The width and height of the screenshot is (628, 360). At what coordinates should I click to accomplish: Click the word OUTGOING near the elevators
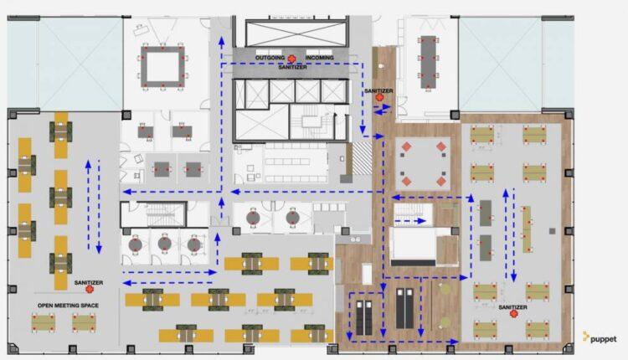(x=270, y=58)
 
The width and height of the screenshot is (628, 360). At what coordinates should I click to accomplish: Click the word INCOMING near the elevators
(x=320, y=58)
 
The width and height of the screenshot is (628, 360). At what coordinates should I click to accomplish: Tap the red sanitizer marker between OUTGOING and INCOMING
(x=292, y=59)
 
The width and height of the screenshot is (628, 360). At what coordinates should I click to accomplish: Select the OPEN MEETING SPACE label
(x=68, y=305)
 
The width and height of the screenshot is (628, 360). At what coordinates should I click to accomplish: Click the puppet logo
(x=600, y=338)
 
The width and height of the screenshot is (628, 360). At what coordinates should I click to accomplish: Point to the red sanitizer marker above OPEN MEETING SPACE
(x=90, y=288)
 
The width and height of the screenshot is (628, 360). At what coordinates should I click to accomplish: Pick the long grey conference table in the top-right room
(x=428, y=62)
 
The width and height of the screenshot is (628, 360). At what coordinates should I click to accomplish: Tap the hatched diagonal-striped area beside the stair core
(x=362, y=158)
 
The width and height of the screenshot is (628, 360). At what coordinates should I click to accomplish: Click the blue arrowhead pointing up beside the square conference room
(x=222, y=40)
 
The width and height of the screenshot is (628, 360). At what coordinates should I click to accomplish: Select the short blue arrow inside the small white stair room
(x=410, y=221)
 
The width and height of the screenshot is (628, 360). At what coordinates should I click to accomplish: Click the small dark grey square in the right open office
(x=553, y=231)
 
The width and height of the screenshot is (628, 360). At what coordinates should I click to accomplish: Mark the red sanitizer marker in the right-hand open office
(x=513, y=314)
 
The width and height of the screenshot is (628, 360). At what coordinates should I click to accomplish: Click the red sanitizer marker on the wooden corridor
(x=379, y=97)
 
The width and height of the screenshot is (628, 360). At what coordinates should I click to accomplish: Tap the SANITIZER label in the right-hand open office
(x=512, y=307)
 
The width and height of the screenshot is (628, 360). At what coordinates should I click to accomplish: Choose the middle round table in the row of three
(x=165, y=243)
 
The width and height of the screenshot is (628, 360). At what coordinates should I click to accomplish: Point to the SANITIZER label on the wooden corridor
(x=378, y=91)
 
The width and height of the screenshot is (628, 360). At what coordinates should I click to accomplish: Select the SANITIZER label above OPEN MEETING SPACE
(x=89, y=282)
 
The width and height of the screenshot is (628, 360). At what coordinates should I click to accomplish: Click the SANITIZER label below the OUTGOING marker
(x=293, y=67)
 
